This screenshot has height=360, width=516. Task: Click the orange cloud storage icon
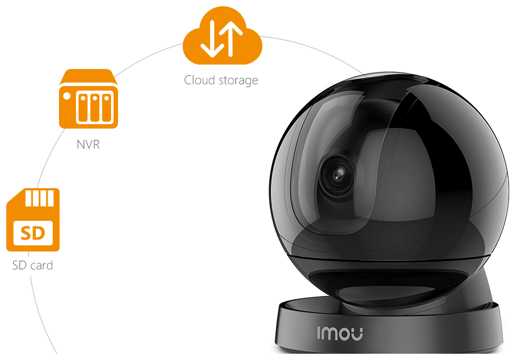tap(221, 41)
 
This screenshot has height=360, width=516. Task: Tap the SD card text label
tap(33, 265)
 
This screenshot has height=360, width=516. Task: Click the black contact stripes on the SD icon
tap(41, 200)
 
